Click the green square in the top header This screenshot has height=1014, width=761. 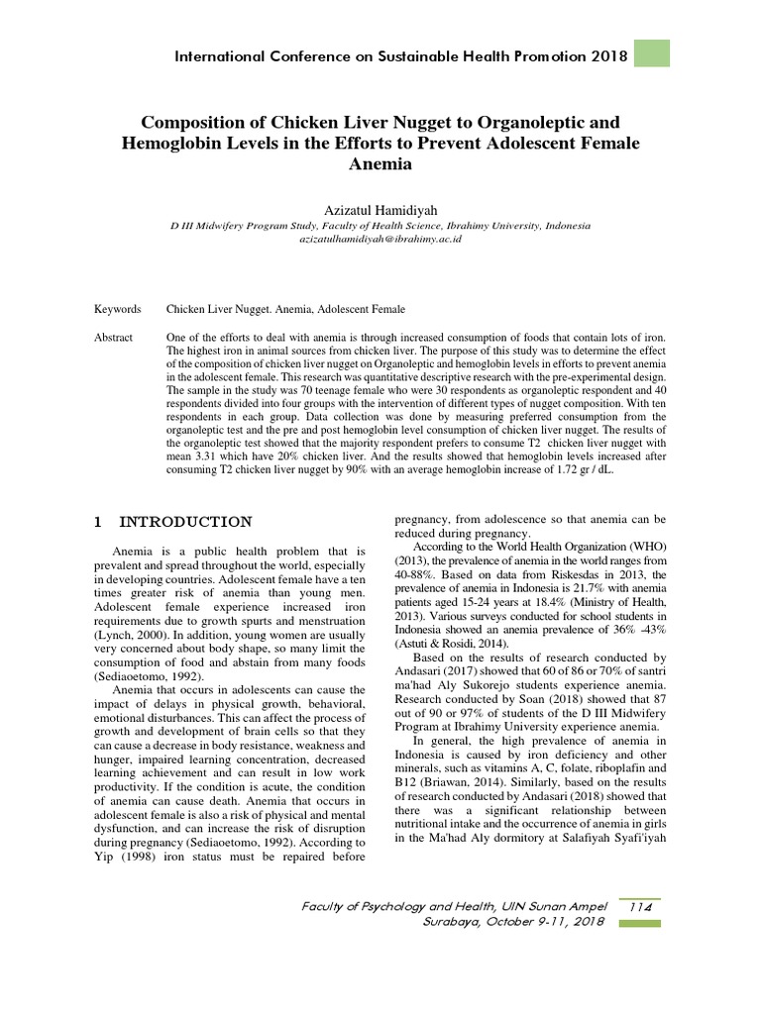tap(651, 53)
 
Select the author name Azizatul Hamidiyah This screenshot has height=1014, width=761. tap(380, 210)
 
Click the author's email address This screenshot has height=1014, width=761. tap(380, 240)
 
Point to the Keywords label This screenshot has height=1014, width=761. tap(117, 310)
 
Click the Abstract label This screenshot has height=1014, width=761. tap(113, 338)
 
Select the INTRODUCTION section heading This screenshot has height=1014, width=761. tap(185, 522)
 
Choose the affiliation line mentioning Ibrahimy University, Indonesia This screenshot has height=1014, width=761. tap(380, 226)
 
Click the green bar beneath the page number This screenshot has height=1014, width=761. tap(640, 923)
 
